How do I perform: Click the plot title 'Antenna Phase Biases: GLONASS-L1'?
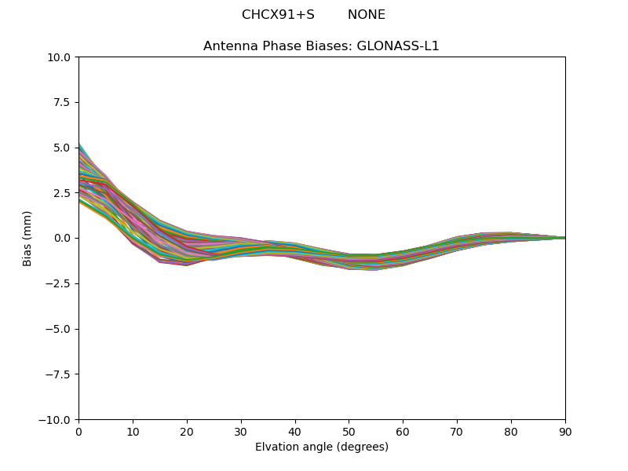[x=321, y=46]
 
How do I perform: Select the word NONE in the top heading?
[x=367, y=15]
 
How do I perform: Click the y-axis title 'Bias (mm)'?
[x=27, y=238]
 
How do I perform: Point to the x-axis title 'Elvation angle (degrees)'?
[x=322, y=447]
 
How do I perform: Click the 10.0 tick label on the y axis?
[x=61, y=57]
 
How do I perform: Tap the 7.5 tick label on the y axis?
[x=64, y=102]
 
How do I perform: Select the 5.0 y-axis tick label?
[x=64, y=148]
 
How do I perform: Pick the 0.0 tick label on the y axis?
[x=64, y=238]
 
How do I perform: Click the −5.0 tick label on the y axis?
[x=60, y=329]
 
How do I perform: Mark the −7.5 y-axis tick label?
[x=60, y=374]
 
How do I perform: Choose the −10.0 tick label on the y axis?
[x=57, y=419]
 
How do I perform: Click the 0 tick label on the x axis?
[x=78, y=431]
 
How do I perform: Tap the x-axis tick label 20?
[x=187, y=431]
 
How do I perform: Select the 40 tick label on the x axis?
[x=295, y=431]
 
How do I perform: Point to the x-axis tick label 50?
[x=349, y=431]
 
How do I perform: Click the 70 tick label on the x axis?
[x=457, y=431]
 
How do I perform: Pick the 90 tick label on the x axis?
[x=565, y=431]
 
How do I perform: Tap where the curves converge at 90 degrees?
[x=564, y=238]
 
